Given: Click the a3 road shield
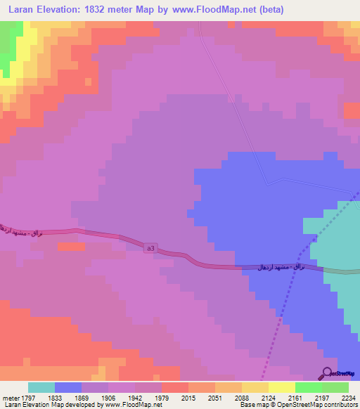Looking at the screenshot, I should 151,248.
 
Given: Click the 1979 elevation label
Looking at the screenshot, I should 162,397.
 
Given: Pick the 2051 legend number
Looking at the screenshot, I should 213,397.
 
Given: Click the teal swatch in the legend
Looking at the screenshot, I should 41,387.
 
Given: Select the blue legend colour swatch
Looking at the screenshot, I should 68,387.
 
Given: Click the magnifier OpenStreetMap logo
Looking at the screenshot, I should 328,373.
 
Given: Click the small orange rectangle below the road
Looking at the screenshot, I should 70,247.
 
